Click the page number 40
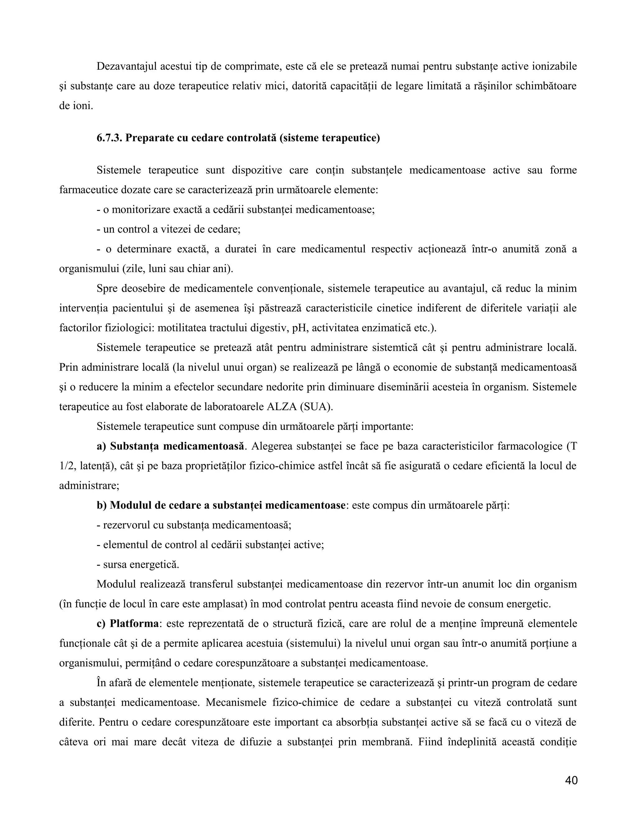[571, 780]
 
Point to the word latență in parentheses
[97, 466]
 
